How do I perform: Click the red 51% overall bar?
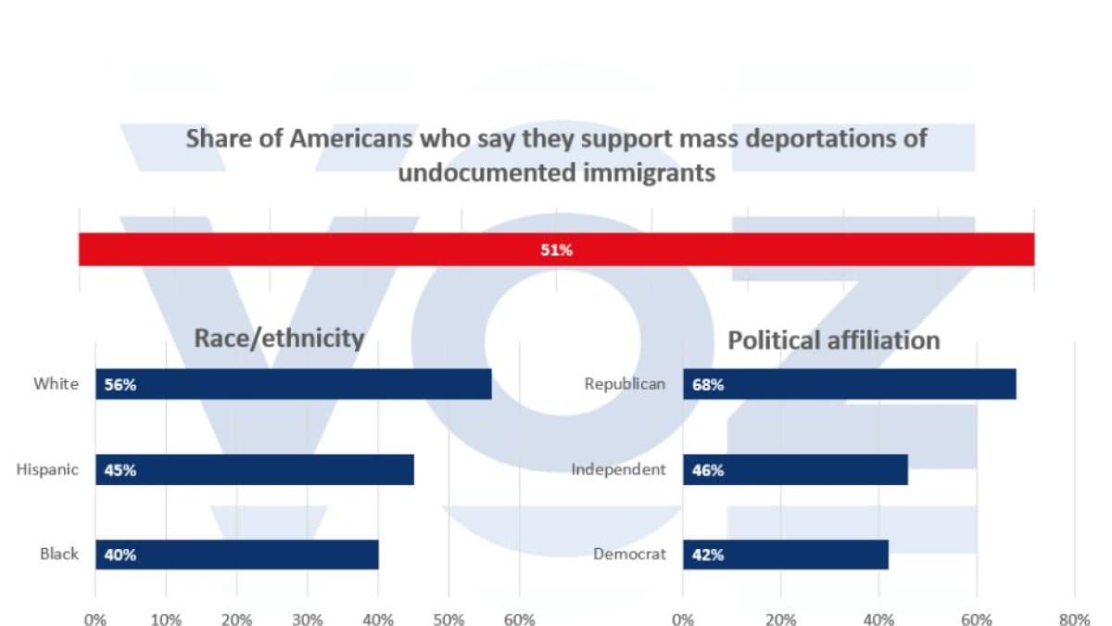click(557, 249)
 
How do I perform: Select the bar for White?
click(294, 384)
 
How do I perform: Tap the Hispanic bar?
click(255, 469)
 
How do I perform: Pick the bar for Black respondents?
click(237, 555)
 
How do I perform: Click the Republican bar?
click(850, 384)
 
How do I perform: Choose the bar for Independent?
click(795, 469)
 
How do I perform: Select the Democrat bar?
click(786, 555)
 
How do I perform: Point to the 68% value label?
click(708, 385)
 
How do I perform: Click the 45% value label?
click(120, 470)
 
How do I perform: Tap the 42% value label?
click(708, 555)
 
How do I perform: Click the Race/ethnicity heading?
click(279, 339)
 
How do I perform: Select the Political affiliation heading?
click(834, 341)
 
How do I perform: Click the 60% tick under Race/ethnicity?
click(519, 620)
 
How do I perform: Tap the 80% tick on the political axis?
click(1074, 620)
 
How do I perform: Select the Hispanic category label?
click(47, 469)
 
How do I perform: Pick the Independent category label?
click(619, 469)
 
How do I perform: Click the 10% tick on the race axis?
click(166, 620)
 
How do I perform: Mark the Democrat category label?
click(629, 554)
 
